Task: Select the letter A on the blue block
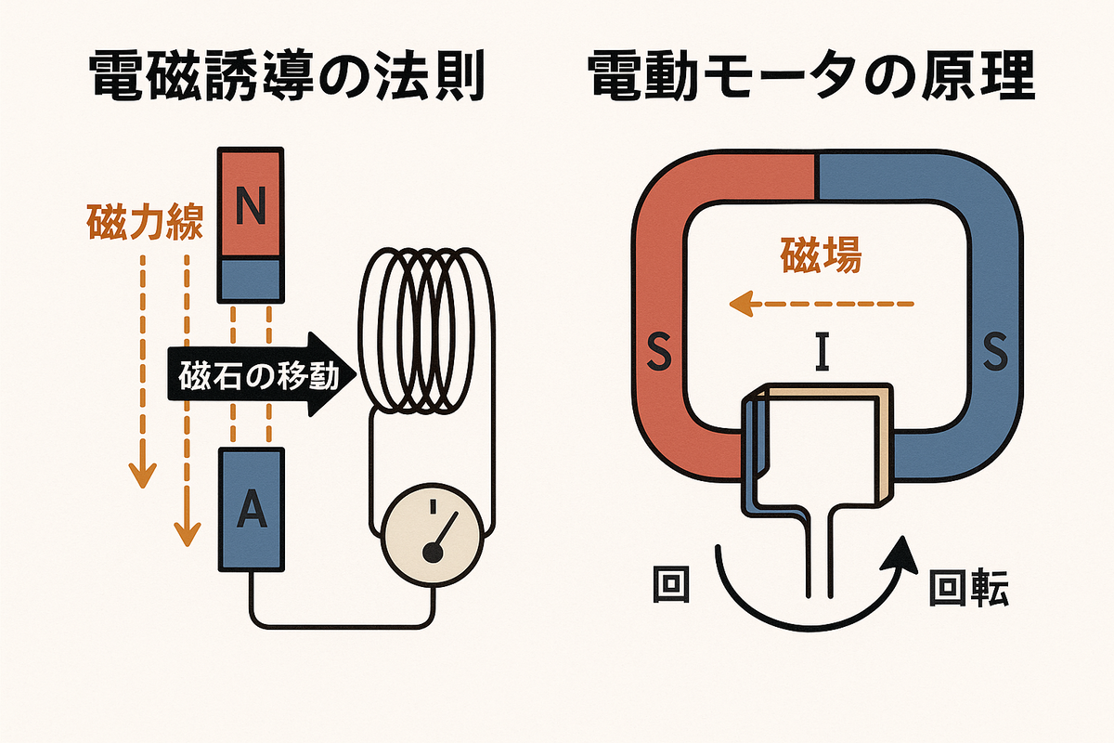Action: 249,509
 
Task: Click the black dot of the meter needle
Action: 432,552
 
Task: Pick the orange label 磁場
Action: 822,254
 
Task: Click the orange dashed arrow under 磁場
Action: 822,302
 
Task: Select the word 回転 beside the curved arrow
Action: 967,588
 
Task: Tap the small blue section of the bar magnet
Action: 249,278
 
